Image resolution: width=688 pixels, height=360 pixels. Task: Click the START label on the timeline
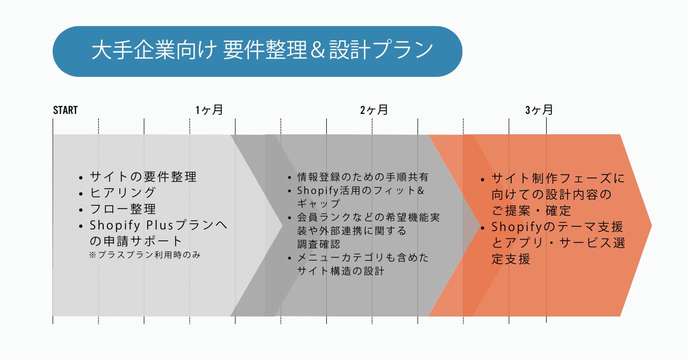tap(65, 110)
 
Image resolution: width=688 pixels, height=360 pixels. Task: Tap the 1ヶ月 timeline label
tap(209, 110)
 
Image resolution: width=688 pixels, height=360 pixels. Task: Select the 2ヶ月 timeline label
tap(374, 110)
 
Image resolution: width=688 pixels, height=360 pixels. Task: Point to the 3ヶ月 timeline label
tap(539, 110)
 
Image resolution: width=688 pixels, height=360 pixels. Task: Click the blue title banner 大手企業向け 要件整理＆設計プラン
tap(257, 51)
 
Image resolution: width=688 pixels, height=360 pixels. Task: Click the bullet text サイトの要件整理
tap(143, 176)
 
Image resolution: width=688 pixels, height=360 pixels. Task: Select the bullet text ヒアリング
tap(123, 192)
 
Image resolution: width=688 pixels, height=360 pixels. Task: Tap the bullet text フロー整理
tap(123, 208)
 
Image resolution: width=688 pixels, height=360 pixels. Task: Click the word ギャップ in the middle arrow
tap(319, 204)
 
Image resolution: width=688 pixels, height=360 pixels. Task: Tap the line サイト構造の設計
tap(341, 271)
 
